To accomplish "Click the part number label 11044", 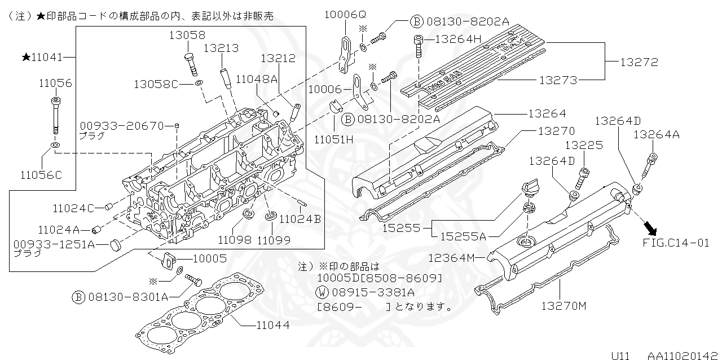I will pos(273,325).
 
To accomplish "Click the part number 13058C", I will pos(156,84).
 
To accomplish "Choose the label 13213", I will pos(221,49).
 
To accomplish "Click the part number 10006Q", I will pos(345,15).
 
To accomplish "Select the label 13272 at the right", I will pos(639,62).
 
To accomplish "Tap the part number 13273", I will pos(558,81).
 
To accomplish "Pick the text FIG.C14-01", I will pos(676,243).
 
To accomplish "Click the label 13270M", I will pos(564,306).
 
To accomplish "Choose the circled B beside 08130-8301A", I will pos(79,296).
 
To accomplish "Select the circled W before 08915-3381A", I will pos(322,292).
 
